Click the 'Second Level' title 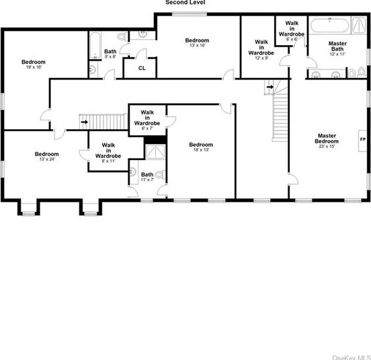[x=185, y=3]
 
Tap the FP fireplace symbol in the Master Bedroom [x=363, y=139]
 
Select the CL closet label [x=142, y=68]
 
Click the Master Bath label [x=337, y=47]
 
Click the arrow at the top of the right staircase [x=270, y=87]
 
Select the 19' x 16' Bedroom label [x=33, y=65]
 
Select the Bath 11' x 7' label [x=147, y=178]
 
